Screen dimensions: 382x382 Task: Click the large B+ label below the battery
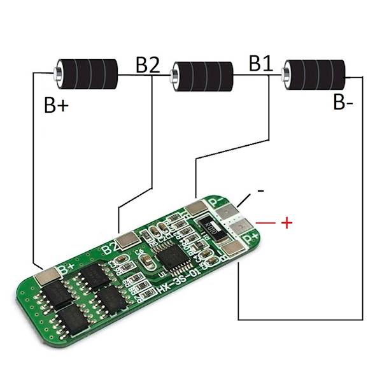pos(56,106)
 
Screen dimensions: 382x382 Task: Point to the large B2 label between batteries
pos(147,66)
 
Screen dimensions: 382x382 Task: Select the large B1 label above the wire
pos(261,64)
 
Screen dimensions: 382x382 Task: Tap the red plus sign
pos(286,223)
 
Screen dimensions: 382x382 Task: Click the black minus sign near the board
pos(260,190)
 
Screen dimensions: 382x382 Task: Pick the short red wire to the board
pos(265,223)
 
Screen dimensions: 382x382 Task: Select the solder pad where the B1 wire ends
pos(195,208)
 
